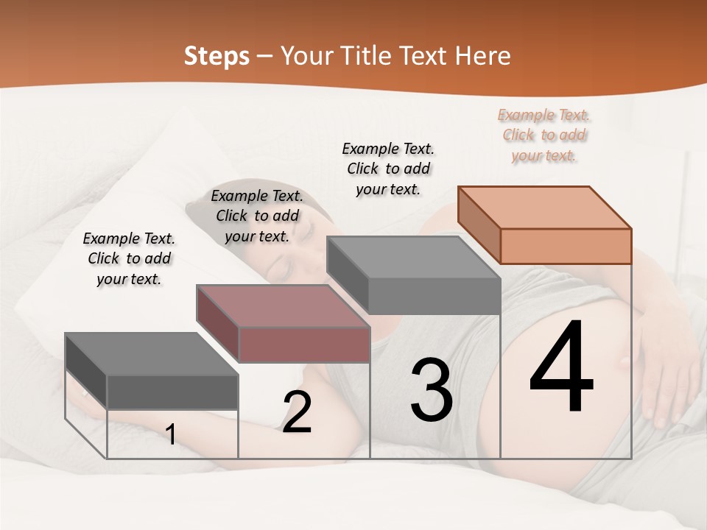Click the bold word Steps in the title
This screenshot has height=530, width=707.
point(217,56)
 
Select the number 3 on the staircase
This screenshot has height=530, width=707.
point(432,390)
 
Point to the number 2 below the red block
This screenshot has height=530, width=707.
point(297,412)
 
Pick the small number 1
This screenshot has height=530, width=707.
point(170,434)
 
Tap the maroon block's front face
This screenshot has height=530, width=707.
point(304,344)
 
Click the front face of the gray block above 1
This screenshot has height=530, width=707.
point(172,392)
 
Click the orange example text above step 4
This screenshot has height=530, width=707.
point(544,135)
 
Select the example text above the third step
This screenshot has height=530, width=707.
point(388,169)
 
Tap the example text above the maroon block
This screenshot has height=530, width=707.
point(257,216)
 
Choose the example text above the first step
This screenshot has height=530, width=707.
point(129,259)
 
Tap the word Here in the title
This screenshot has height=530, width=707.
point(483,56)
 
